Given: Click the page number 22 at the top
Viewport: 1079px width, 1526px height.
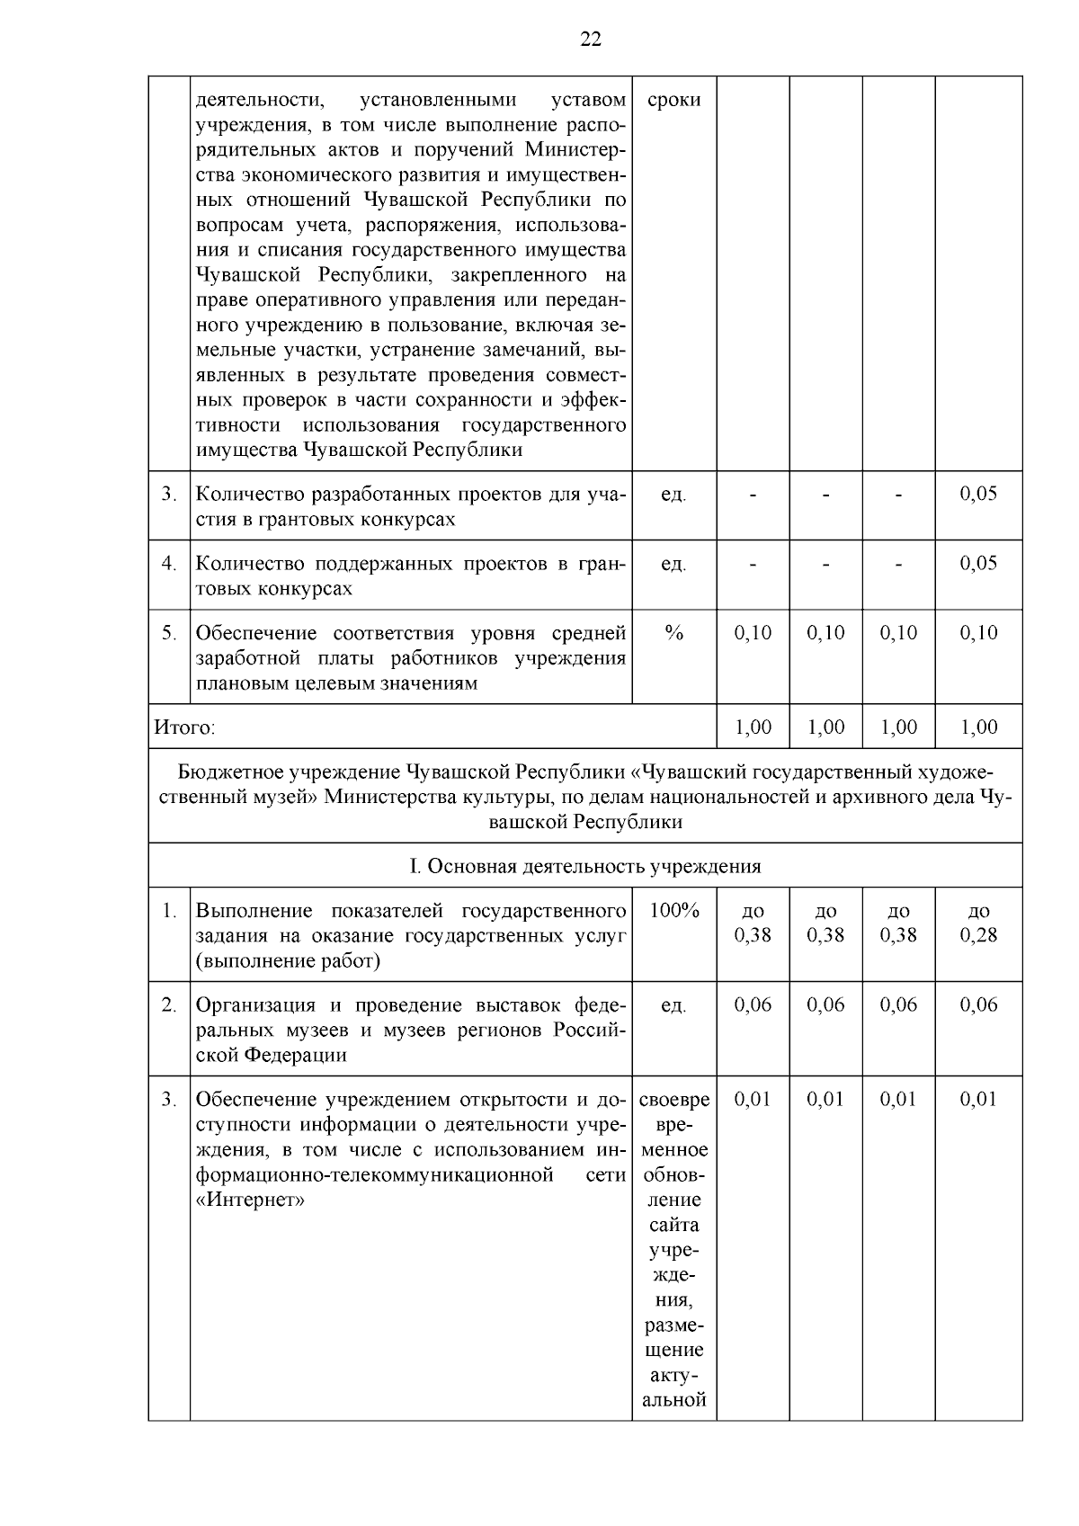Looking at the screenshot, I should tap(590, 39).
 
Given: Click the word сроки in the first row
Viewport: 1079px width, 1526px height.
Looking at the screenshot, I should tap(673, 100).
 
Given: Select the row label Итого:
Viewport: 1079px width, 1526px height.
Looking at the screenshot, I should tap(185, 727).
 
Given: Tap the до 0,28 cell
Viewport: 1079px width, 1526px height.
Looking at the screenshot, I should tap(978, 924).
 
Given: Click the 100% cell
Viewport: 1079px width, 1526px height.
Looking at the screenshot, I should tap(673, 911).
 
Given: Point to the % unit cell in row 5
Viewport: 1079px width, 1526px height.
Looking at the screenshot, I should tap(673, 633).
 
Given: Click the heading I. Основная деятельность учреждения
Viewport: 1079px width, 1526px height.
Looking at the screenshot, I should tap(584, 866).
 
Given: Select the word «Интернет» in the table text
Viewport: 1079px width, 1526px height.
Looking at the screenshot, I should tap(250, 1200).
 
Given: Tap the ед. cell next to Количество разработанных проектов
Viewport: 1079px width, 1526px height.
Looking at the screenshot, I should tap(673, 495).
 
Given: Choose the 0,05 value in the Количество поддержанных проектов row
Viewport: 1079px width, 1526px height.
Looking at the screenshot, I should tap(978, 564).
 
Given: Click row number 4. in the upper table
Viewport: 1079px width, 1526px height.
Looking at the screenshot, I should tap(169, 564).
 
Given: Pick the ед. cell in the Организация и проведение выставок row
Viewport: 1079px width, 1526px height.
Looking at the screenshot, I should tap(673, 1005).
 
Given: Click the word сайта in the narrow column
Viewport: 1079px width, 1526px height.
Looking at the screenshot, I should tap(673, 1225).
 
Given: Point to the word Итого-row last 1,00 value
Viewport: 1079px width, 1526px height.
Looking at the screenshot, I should tap(978, 727).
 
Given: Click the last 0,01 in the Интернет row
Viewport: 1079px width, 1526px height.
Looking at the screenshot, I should tap(978, 1100).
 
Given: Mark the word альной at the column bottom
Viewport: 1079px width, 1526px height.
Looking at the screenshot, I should tap(673, 1400).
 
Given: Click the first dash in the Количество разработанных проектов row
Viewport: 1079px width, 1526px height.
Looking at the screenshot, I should tap(753, 495).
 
